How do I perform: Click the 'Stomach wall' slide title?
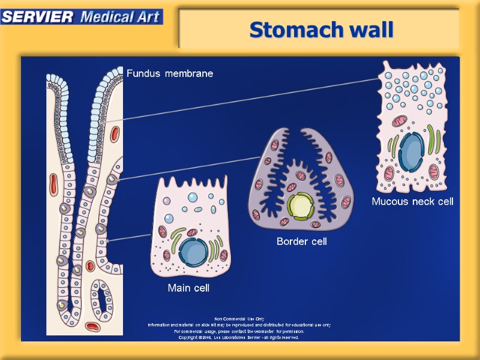(x=321, y=29)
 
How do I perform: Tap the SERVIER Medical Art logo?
(x=82, y=16)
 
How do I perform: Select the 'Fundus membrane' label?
(x=170, y=74)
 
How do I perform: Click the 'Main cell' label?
(x=188, y=288)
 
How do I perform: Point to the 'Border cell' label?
(x=301, y=241)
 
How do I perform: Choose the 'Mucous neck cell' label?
(x=412, y=201)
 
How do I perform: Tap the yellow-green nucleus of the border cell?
(x=299, y=206)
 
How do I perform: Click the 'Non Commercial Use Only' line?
(x=239, y=319)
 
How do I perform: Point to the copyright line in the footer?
(x=239, y=337)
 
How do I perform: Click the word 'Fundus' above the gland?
(x=143, y=74)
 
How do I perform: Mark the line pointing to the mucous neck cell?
(x=252, y=98)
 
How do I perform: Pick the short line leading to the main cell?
(x=130, y=238)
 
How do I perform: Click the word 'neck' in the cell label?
(x=421, y=201)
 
